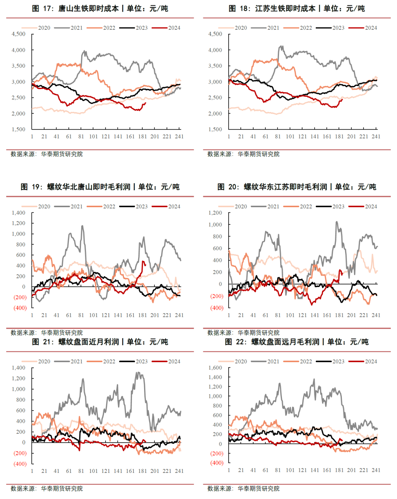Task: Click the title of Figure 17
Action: [x=100, y=8]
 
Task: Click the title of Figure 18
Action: [x=297, y=8]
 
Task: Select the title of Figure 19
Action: [x=100, y=187]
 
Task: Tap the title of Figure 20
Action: [x=297, y=187]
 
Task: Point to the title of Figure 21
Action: [x=100, y=342]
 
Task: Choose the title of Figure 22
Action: [x=297, y=342]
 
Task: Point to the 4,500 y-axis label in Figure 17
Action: [x=18, y=34]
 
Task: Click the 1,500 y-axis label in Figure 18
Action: [x=215, y=129]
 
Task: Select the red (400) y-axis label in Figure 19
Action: [x=20, y=308]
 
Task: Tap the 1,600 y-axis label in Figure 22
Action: [x=215, y=368]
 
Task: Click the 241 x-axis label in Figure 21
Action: [x=179, y=471]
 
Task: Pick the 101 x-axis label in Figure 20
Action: [x=290, y=315]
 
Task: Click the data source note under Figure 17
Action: [x=47, y=154]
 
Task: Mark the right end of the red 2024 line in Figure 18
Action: [x=342, y=99]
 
